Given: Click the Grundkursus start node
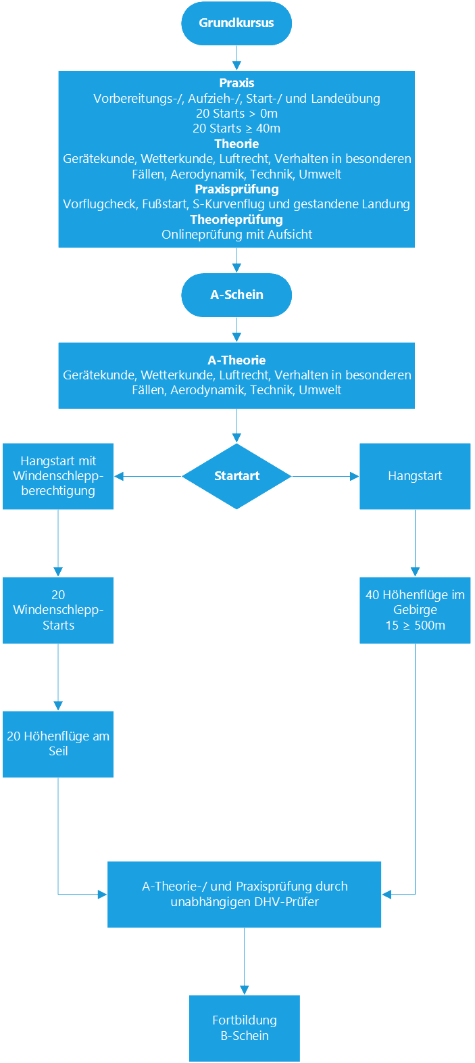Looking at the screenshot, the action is click(x=236, y=23).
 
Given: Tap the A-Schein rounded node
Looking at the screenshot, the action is click(x=236, y=295).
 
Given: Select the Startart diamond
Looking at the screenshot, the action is click(x=236, y=476).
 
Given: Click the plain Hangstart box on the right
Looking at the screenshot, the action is click(x=415, y=476).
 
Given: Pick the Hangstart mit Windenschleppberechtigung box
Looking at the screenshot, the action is click(x=58, y=476).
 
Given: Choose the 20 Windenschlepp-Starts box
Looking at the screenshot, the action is click(x=58, y=610).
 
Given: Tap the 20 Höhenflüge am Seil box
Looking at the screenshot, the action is click(x=58, y=744).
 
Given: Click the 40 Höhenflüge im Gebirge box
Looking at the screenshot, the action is click(x=415, y=610).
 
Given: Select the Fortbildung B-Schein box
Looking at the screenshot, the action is click(x=245, y=1028).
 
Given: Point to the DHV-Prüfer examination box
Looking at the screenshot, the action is click(x=245, y=894).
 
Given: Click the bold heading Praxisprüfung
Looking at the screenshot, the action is click(x=236, y=189).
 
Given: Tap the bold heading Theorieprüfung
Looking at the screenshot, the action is click(x=236, y=219).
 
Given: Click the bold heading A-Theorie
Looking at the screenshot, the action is click(x=236, y=360).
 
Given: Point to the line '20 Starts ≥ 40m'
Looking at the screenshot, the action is click(x=236, y=128).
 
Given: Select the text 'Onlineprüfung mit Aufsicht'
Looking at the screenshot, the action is click(x=236, y=235).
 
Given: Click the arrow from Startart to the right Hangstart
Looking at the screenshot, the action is click(x=326, y=476).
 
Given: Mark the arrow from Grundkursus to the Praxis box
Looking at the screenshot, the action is click(x=236, y=58).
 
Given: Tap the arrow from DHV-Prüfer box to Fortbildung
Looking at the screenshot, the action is click(x=245, y=962).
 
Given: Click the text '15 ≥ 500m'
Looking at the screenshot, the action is click(x=416, y=625).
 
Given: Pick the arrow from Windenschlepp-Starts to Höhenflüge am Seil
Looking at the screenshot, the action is click(x=58, y=677).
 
